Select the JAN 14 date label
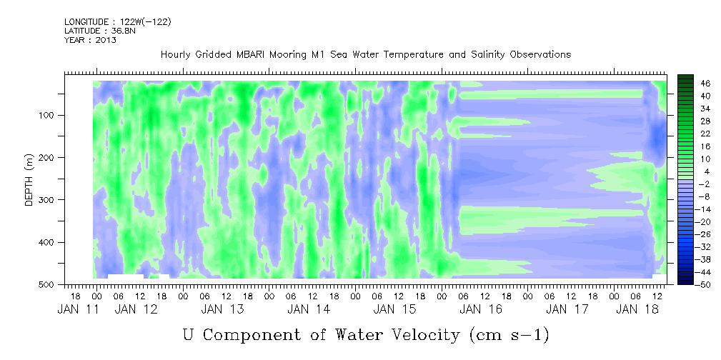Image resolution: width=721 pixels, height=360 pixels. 309,310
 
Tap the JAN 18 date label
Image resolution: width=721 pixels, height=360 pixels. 637,310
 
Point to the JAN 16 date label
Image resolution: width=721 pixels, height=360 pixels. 481,310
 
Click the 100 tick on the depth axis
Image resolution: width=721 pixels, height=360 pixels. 49,115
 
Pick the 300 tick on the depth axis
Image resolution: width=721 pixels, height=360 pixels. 49,199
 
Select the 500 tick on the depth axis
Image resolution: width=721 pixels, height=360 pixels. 49,284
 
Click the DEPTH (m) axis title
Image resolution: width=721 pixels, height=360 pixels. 29,180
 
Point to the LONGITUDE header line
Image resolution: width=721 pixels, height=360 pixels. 118,21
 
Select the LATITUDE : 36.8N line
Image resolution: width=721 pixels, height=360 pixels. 100,31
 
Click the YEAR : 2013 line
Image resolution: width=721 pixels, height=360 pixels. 90,40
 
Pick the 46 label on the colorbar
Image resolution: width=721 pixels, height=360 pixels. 693,84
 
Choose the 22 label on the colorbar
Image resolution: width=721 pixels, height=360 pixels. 693,136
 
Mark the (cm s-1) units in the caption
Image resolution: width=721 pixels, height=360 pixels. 509,335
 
